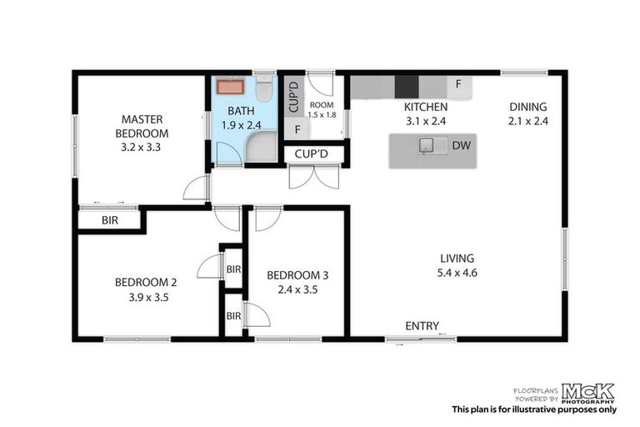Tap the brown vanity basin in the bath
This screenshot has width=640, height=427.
pos(230,87)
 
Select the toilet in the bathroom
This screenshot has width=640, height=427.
pos(264,89)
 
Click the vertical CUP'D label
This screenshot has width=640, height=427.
pos(293,97)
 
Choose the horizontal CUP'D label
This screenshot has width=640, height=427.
pos(312,154)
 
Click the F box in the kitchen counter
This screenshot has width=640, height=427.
pos(457,84)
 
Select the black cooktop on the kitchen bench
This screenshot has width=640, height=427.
pos(407,87)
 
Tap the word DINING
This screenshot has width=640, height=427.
pos(528,107)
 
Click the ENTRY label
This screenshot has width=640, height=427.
pos(422,325)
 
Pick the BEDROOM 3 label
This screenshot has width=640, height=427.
pos(297,275)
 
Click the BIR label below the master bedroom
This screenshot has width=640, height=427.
pos(109,221)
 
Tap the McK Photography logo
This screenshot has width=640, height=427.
pos(588,391)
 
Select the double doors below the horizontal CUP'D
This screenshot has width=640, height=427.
pos(314,177)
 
